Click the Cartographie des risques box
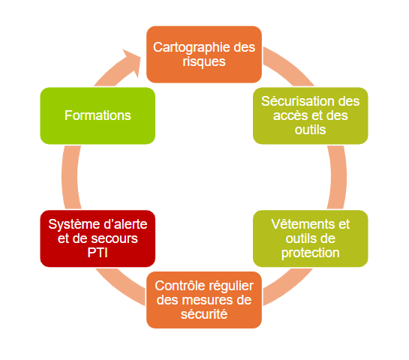pos(204,55)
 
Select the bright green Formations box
pos(98,115)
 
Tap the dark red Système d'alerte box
pos(98,238)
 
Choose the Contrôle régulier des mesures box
pos(204,300)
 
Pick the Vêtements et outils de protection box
pos(311,238)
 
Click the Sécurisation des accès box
pos(311,115)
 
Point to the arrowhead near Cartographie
pos(133,62)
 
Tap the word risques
pos(204,62)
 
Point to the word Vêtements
pos(303,224)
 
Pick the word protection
pos(311,253)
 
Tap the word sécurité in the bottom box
pos(204,314)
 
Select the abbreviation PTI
pos(98,253)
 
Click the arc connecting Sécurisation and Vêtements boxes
pos(338,177)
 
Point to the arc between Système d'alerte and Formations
pos(70,177)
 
